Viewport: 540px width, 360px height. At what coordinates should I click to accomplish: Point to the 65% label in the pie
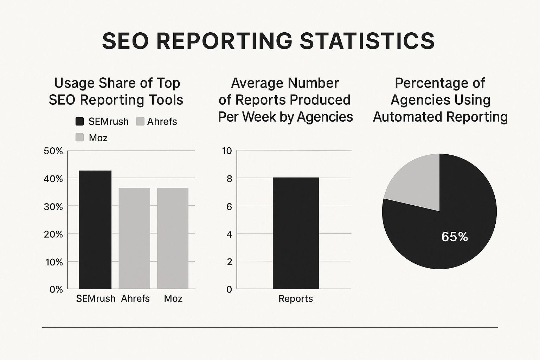[x=455, y=237]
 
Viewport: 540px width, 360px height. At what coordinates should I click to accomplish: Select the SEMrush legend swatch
[x=80, y=122]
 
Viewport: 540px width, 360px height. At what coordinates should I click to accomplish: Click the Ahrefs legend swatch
[x=140, y=122]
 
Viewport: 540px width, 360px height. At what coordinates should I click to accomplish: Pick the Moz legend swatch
[x=80, y=137]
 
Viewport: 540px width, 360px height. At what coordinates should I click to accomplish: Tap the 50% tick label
[x=53, y=151]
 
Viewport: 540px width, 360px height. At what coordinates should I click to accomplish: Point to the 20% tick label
[x=53, y=234]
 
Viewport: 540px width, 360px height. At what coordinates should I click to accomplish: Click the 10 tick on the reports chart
[x=227, y=151]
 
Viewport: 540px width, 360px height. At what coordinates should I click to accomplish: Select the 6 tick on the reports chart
[x=229, y=206]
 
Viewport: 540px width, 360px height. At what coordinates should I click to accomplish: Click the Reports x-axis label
[x=295, y=299]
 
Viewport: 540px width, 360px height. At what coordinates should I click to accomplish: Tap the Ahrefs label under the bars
[x=135, y=298]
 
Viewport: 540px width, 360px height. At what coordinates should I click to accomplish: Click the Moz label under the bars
[x=173, y=298]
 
